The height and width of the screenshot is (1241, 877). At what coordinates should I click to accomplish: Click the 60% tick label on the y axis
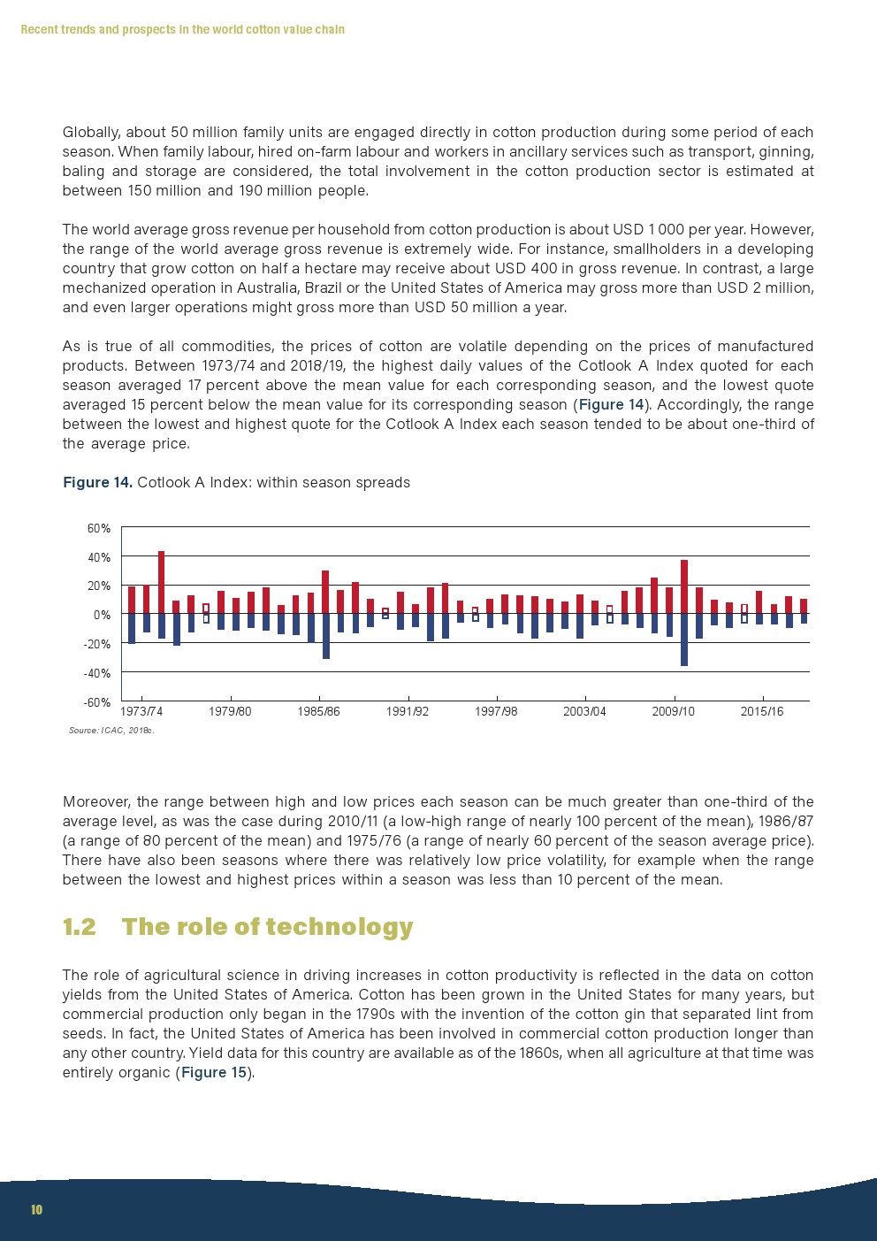(98, 529)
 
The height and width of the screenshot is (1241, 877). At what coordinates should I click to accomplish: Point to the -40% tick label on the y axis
(96, 673)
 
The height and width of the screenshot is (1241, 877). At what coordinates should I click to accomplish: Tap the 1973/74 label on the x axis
(141, 712)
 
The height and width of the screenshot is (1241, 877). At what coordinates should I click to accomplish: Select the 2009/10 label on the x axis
(673, 712)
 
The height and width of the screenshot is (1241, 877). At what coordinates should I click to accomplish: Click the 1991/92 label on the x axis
(408, 712)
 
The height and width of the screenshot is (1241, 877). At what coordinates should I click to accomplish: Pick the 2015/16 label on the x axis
(761, 712)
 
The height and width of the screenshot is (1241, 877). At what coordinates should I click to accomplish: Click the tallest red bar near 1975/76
(161, 582)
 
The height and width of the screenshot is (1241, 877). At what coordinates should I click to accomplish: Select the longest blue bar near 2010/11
(684, 639)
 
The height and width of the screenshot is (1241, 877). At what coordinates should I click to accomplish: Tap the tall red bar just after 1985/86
(325, 591)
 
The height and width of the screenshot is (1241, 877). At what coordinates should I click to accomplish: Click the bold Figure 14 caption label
(97, 483)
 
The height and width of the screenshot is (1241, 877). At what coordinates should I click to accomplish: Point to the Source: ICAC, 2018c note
(111, 731)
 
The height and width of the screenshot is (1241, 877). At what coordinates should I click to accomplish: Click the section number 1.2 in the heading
(79, 927)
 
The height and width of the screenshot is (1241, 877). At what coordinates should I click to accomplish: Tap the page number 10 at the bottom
(36, 1210)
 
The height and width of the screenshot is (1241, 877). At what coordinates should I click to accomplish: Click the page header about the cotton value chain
(182, 30)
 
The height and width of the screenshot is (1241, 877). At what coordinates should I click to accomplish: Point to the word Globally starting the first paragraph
(91, 133)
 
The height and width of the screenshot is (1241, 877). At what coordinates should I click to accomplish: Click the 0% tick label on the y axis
(103, 615)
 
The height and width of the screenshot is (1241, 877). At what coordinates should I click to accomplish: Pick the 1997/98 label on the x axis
(496, 712)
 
